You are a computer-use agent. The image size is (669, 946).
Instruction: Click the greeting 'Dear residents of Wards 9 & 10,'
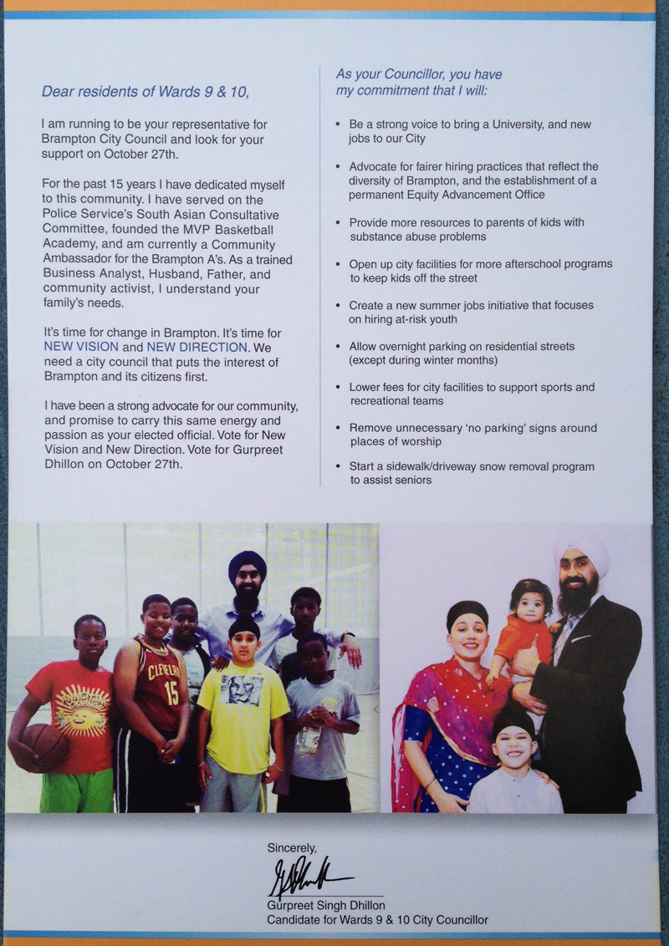coord(146,91)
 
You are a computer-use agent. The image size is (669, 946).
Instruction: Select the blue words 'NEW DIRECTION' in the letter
coord(197,347)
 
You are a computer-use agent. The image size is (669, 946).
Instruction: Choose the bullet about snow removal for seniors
coord(472,473)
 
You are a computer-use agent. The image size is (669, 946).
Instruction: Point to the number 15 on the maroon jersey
coord(171,692)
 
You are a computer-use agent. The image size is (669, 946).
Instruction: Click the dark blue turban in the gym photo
coord(248,564)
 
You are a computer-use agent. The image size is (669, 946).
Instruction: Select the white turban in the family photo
coord(582,554)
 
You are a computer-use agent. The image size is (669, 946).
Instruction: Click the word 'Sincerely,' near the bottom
coord(292,847)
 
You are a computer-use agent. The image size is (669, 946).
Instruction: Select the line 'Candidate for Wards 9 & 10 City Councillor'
coord(377,920)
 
